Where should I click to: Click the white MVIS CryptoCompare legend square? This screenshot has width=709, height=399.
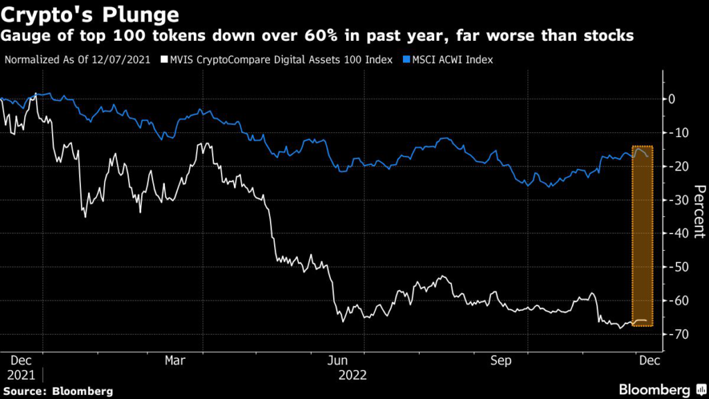(164, 60)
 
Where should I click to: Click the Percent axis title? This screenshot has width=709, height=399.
(699, 212)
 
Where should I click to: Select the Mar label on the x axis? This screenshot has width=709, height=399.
(175, 361)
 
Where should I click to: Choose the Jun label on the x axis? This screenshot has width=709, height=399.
(338, 361)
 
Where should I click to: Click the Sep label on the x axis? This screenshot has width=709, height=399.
(501, 361)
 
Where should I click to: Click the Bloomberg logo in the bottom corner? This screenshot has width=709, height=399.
(654, 389)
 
